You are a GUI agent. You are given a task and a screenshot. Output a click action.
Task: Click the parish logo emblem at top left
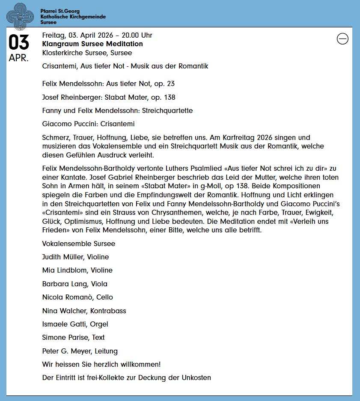pos(20,16)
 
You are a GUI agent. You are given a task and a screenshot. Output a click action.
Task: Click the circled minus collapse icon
pos(342,39)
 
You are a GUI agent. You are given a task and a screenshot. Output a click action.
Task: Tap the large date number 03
pos(19,43)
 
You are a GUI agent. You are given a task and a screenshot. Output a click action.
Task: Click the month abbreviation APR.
pos(19,58)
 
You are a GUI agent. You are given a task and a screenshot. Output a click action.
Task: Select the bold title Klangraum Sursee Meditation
pos(92,44)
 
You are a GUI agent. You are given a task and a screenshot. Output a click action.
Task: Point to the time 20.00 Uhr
pos(137,35)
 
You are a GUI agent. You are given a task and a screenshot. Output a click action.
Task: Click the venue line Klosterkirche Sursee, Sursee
pos(87,53)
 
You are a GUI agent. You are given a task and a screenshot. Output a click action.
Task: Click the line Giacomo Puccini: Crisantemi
pos(88,124)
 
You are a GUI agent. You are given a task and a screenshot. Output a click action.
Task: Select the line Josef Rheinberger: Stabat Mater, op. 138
pos(109,97)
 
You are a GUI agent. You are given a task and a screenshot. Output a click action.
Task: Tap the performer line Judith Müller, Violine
pos(75,257)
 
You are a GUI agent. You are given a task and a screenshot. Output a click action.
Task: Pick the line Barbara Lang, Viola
pos(74,284)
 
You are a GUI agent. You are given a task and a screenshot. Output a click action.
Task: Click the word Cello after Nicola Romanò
pos(104,297)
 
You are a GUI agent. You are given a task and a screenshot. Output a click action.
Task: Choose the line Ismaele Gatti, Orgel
pos(75,324)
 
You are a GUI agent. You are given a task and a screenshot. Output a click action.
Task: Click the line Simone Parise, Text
pos(73,337)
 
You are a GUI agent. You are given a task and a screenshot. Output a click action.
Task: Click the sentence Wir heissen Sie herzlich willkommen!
pos(101,364)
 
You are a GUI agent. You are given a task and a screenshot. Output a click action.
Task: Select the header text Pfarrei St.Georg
pos(60,11)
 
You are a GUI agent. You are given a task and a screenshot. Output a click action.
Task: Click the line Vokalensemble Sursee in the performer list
pos(78,244)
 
